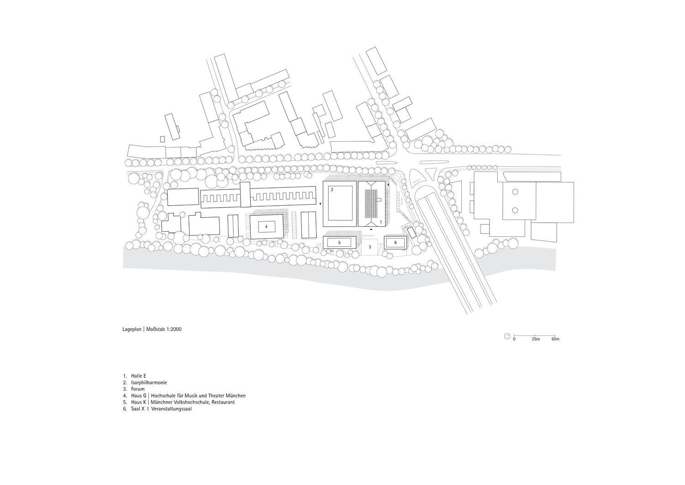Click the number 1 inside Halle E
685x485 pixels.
(381, 222)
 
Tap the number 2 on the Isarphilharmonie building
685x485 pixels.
(332, 190)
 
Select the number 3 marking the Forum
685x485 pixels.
(370, 247)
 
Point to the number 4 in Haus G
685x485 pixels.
(266, 227)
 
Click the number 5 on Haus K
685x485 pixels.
(339, 242)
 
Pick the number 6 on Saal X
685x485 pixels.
(395, 242)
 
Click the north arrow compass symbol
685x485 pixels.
(507, 336)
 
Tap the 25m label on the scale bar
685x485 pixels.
(536, 339)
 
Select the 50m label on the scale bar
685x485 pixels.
(555, 339)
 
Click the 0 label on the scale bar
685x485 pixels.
(514, 339)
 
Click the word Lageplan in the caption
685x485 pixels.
(132, 330)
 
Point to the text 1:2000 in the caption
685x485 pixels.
(174, 330)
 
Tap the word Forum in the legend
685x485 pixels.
(138, 389)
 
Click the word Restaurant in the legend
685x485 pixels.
(224, 402)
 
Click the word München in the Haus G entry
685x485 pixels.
(236, 395)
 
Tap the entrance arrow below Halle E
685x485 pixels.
(371, 229)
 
